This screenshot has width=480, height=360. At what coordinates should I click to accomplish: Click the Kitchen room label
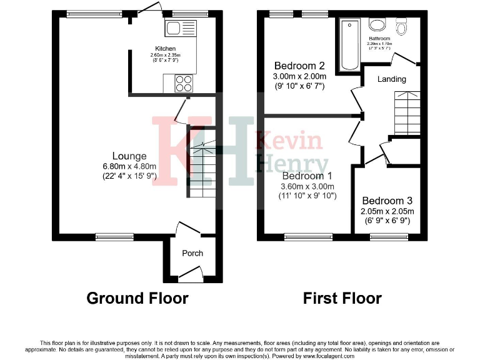(x=166, y=49)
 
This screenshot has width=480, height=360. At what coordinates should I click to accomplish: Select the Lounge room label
(x=129, y=156)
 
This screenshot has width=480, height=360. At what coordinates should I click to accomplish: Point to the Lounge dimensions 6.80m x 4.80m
(x=129, y=166)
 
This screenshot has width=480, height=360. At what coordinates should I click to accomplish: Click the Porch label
(x=192, y=253)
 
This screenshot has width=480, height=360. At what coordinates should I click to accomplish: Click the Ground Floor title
(x=137, y=298)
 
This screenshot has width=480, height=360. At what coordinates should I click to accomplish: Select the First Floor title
(x=342, y=298)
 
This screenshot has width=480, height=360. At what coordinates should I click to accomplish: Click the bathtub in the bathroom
(x=348, y=44)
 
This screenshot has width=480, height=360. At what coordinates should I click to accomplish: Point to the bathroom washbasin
(x=377, y=25)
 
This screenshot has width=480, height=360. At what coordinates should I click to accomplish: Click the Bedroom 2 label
(x=299, y=66)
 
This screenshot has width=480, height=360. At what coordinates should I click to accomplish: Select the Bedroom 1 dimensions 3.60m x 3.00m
(x=307, y=186)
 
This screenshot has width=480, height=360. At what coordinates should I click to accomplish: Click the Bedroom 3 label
(x=387, y=201)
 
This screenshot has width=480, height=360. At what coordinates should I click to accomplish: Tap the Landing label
(x=392, y=79)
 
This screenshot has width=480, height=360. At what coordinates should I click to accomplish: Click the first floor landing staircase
(x=407, y=112)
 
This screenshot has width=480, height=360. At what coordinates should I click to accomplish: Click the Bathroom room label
(x=379, y=39)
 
